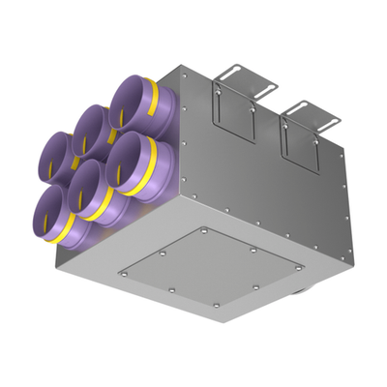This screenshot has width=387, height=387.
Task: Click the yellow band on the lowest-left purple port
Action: (74, 233)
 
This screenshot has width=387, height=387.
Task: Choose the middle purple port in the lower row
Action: (91, 183)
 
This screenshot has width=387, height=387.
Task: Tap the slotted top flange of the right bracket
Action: (307, 107)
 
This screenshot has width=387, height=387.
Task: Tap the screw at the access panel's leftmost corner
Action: (121, 274)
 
